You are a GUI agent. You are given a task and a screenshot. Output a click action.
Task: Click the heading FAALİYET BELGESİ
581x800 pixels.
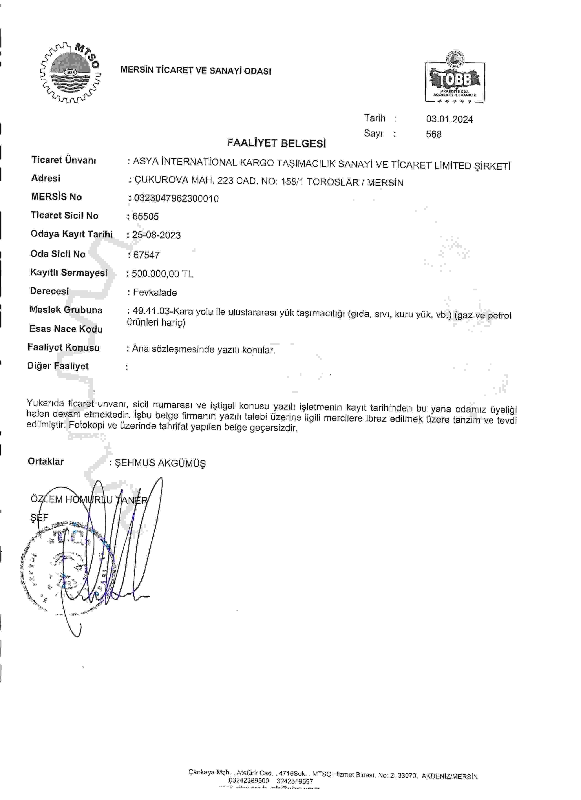pyautogui.click(x=276, y=143)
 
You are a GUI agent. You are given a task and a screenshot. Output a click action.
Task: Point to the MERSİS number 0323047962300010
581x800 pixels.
pyautogui.click(x=176, y=199)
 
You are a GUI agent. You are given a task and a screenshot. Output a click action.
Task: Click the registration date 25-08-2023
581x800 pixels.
pyautogui.click(x=156, y=235)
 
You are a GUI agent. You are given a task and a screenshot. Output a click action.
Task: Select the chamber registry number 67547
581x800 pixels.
pyautogui.click(x=146, y=255)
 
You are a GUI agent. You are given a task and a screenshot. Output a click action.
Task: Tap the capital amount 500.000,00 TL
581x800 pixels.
pyautogui.click(x=162, y=274)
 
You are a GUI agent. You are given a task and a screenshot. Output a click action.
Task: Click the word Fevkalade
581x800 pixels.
pyautogui.click(x=155, y=292)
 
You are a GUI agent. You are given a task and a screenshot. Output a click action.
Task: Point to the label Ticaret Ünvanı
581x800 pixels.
pyautogui.click(x=63, y=160)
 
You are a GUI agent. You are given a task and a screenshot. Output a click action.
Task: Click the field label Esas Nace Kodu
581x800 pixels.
pyautogui.click(x=66, y=329)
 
